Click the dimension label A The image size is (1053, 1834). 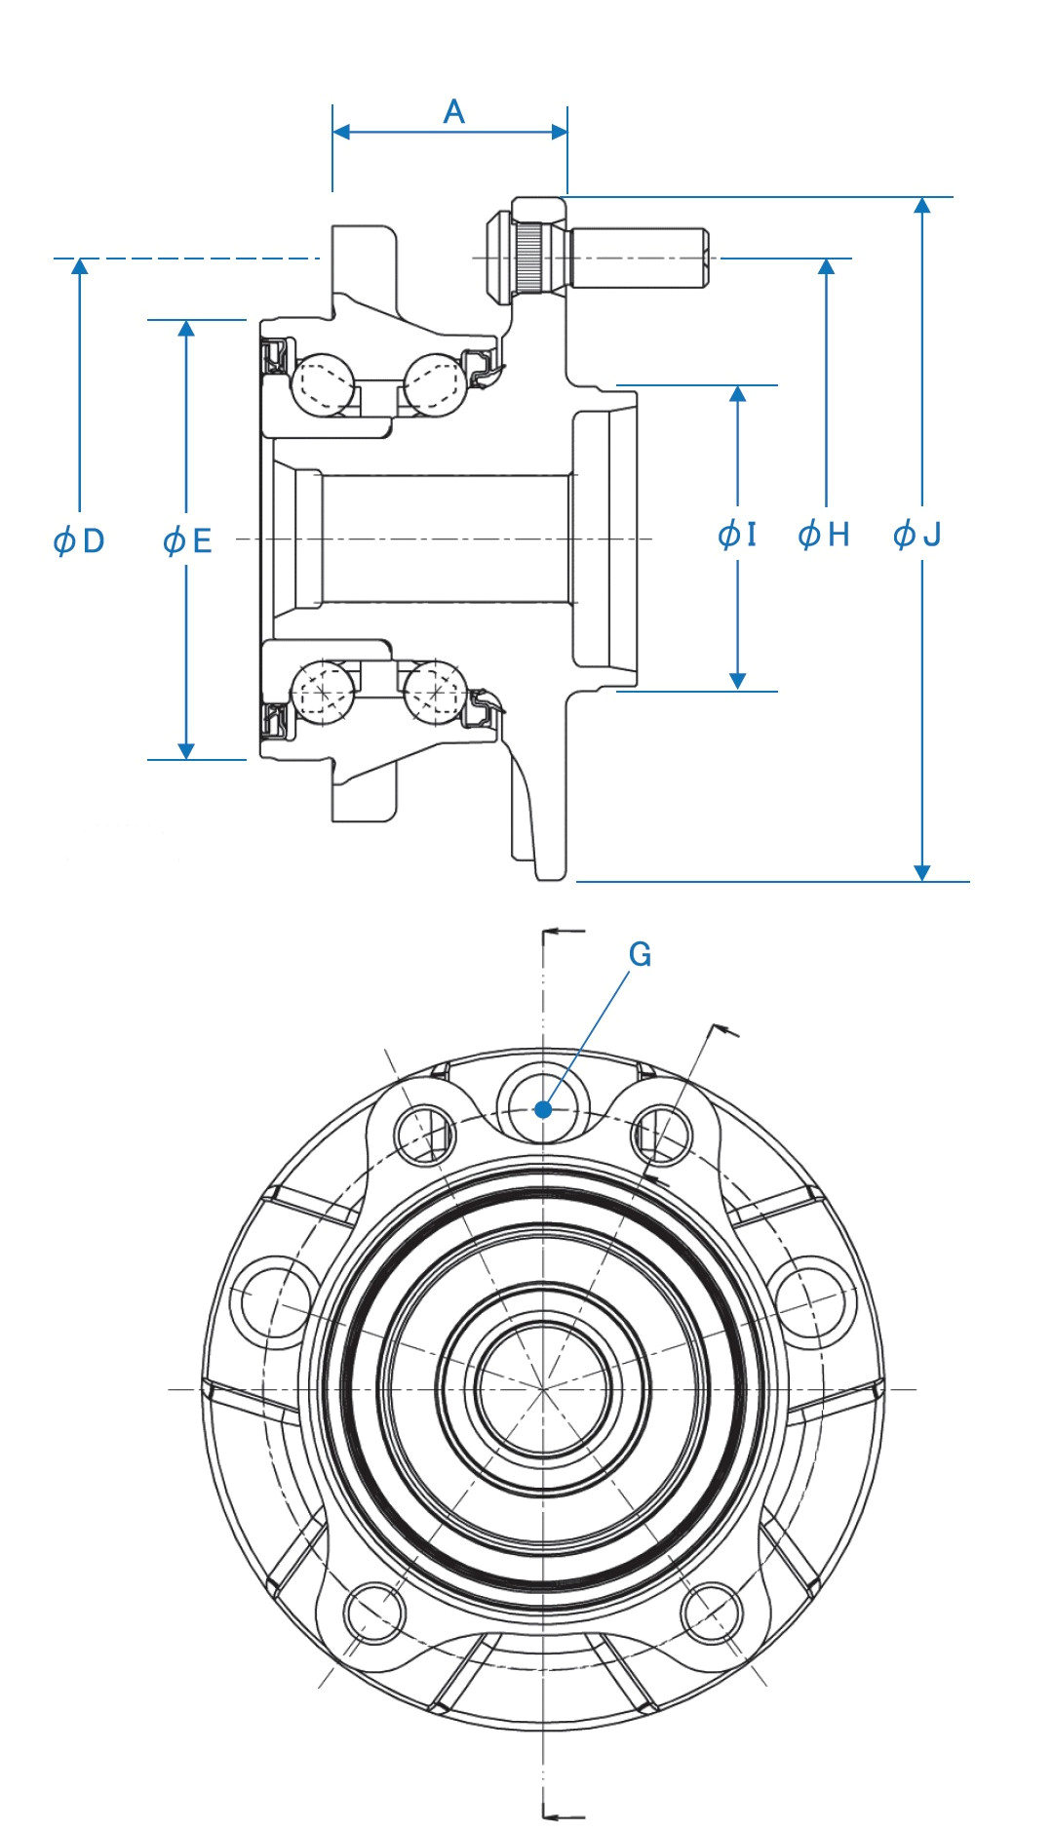pos(453,112)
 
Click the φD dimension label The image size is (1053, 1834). pos(79,540)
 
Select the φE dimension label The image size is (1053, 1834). pos(187,540)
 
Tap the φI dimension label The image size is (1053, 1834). pos(737,535)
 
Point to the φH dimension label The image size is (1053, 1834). pos(824,535)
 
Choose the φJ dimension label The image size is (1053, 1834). pos(917,535)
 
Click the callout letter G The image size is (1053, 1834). pos(640,954)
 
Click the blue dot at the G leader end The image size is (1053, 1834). pos(544,1109)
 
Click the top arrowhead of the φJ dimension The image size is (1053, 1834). pos(922,205)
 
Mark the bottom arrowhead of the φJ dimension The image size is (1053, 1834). pos(922,872)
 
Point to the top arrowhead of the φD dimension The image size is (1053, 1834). pos(80,266)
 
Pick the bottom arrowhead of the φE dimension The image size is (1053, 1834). pos(186,751)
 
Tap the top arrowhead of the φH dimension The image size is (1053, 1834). pos(827,266)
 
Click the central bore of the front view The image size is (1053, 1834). pos(543,1387)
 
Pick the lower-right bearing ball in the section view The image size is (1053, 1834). pos(435,692)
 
